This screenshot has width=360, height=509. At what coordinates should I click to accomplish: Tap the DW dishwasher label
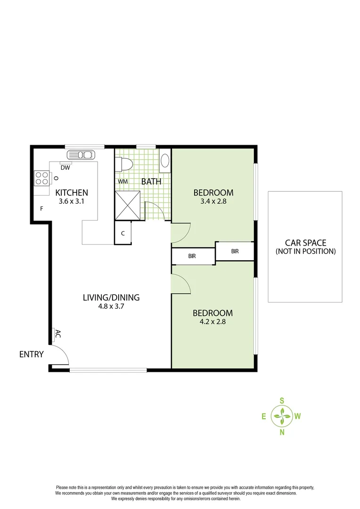66,167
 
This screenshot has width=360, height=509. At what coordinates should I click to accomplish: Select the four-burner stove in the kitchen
41,178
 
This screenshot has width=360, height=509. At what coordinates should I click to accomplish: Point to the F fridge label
42,208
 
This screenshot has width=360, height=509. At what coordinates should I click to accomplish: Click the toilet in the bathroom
125,164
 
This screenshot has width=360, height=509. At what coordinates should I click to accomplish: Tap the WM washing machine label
123,181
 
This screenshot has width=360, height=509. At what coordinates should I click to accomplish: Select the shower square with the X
128,205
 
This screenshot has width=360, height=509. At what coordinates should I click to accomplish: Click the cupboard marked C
123,233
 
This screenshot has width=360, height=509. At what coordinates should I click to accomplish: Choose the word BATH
151,181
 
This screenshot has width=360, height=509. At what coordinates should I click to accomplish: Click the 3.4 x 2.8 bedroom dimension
213,201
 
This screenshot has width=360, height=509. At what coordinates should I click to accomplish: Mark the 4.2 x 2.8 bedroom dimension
213,322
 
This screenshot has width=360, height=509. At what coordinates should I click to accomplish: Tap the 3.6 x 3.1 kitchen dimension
72,201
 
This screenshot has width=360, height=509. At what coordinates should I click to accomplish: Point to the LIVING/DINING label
111,297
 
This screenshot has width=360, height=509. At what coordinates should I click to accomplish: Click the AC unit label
58,334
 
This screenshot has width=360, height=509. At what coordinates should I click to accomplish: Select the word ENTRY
32,354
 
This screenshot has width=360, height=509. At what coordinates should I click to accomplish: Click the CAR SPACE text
305,243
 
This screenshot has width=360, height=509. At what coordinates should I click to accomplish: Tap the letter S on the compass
282,401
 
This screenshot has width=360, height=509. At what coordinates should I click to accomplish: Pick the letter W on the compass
298,416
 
